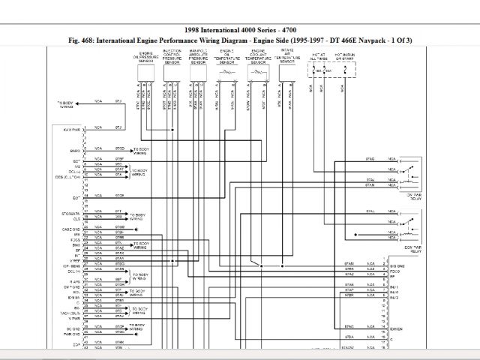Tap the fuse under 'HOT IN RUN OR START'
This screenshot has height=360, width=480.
(346, 71)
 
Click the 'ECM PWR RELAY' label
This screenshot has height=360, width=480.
(411, 247)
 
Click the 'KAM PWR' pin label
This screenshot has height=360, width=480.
(72, 129)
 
